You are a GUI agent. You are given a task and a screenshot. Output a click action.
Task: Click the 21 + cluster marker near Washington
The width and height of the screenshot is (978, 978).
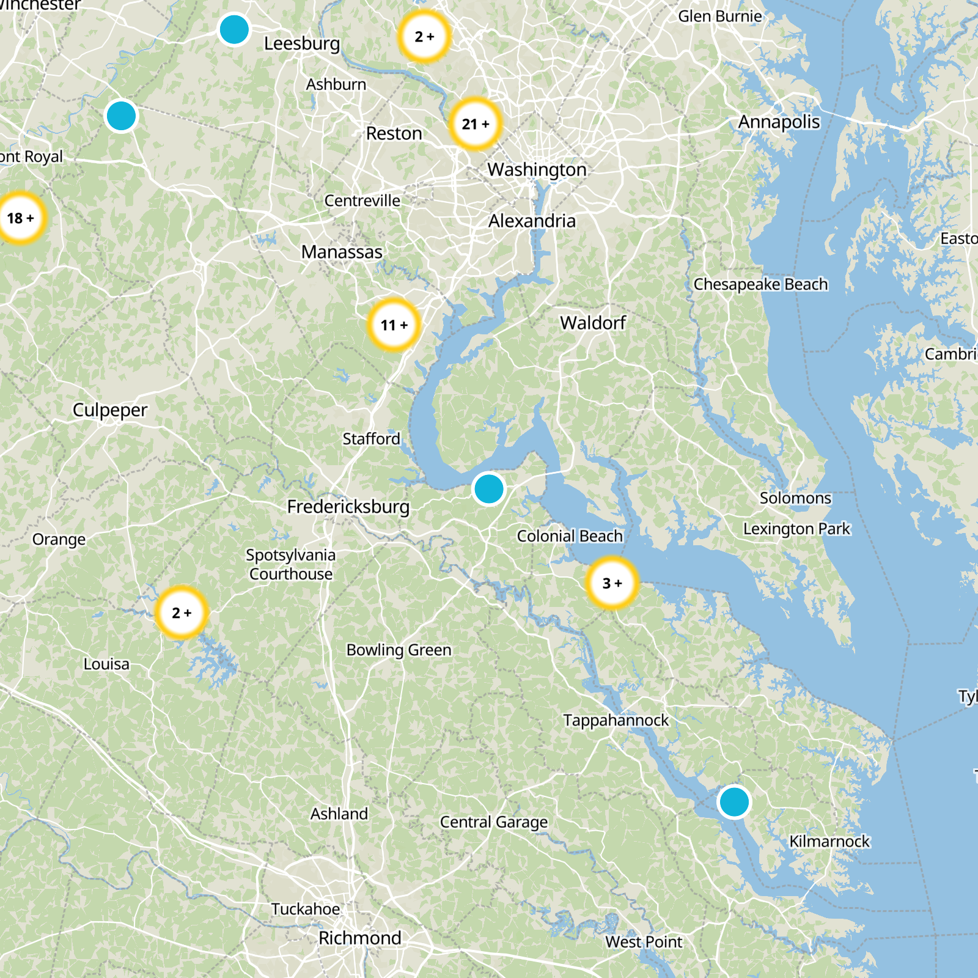coord(476,124)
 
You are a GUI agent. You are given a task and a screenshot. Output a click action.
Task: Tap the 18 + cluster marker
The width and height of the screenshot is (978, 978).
coord(21,218)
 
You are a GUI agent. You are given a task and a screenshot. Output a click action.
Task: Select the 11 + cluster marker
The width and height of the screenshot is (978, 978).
coord(394,325)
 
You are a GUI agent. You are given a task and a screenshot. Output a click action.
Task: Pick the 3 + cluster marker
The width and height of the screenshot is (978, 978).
coord(612,583)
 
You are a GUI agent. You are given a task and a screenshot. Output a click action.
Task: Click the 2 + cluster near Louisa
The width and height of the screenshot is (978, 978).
coord(182,612)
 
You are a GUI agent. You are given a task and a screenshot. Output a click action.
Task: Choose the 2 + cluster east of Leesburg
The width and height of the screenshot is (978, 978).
coord(424,37)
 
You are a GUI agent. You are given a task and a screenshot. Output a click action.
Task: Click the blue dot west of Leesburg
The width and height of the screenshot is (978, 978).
coord(234,29)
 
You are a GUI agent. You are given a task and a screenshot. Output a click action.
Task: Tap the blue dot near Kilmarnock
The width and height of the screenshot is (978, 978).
coord(734,801)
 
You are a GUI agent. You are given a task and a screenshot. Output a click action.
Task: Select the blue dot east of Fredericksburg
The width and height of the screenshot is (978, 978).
coord(488,489)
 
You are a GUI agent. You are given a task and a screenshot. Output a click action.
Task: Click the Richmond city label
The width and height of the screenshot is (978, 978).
coord(360,938)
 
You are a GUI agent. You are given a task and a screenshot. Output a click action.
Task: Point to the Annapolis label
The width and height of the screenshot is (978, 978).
coord(779,122)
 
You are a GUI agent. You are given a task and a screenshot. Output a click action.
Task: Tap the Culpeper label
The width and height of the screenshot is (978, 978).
coord(110,410)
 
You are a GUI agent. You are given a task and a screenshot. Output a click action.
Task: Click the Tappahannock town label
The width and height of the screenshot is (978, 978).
coord(616,720)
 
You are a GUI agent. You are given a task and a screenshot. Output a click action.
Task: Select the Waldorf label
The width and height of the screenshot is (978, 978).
coord(593,323)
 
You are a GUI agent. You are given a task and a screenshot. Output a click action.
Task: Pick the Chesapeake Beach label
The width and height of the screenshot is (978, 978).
coord(760,284)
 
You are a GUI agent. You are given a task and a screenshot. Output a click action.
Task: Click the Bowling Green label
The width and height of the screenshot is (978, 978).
coord(399,650)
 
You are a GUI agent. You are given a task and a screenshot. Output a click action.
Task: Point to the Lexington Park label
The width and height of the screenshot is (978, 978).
coord(796,529)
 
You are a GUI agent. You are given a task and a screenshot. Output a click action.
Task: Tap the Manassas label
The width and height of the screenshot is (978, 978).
coord(342,252)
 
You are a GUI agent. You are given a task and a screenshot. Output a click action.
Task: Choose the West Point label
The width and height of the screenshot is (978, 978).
coord(644,942)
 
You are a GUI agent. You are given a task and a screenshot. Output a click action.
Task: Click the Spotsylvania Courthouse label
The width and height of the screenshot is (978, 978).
coord(291,564)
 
